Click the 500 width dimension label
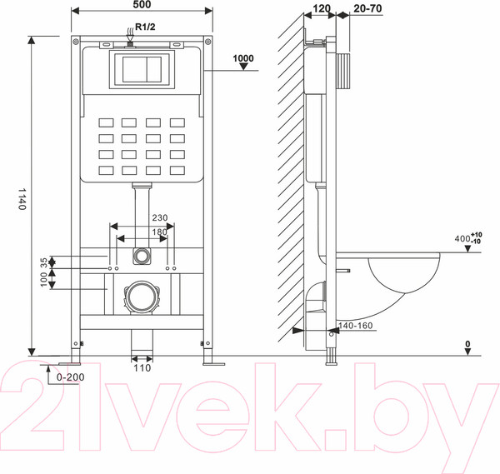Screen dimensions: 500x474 pyautogui.click(x=142, y=4)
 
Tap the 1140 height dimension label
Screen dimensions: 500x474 pyautogui.click(x=22, y=198)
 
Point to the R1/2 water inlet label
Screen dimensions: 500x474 pyautogui.click(x=145, y=27)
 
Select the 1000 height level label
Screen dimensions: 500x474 pyautogui.click(x=243, y=58)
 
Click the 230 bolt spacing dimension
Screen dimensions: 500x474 pyautogui.click(x=159, y=217)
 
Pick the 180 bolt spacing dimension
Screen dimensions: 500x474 pyautogui.click(x=159, y=232)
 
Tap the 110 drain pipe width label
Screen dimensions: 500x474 pyautogui.click(x=142, y=368)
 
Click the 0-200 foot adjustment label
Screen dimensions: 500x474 pyautogui.click(x=71, y=377)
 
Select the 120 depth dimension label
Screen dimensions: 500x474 pyautogui.click(x=321, y=8)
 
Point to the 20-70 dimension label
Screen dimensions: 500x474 pyautogui.click(x=367, y=8)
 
